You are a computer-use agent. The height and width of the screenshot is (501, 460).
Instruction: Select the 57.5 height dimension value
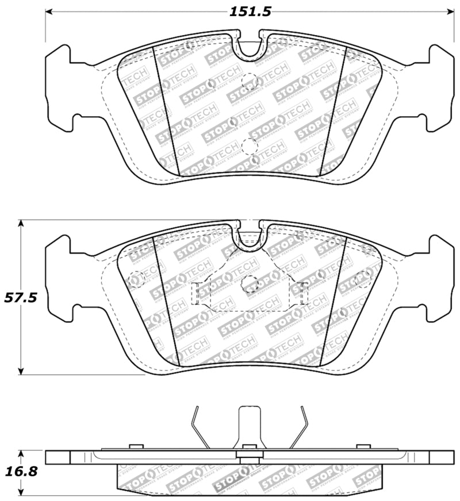[x=21, y=298]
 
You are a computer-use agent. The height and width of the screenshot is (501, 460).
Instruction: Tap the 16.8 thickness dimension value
[x=21, y=472]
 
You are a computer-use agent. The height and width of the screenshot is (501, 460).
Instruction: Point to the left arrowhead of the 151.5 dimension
[x=49, y=11]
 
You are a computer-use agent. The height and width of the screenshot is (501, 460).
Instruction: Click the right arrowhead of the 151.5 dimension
[x=449, y=11]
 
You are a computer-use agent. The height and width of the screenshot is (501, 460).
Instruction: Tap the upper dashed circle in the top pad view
[x=250, y=81]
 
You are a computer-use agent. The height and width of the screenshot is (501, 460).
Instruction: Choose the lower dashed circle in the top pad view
[x=250, y=146]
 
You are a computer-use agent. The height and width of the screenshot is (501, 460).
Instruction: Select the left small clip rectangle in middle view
[x=195, y=293]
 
